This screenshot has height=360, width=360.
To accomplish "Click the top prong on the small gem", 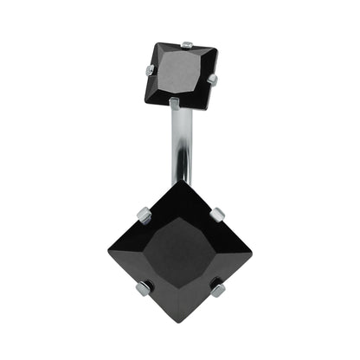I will point(187,44).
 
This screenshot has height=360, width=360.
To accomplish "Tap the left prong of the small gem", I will point(150,69).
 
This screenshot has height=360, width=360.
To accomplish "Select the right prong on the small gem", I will point(212,80).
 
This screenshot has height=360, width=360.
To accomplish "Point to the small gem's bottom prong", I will point(175,104).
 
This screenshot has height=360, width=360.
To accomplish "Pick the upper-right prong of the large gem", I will point(218,214).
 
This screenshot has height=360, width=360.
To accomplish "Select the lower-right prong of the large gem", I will point(218,290).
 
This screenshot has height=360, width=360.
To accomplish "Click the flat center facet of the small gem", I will point(181,74).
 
